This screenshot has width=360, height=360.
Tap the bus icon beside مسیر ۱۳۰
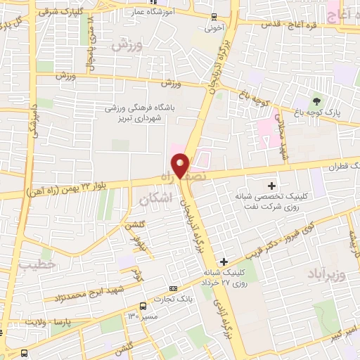[x=143, y=307]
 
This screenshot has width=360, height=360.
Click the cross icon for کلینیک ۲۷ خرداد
[x=223, y=262]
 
